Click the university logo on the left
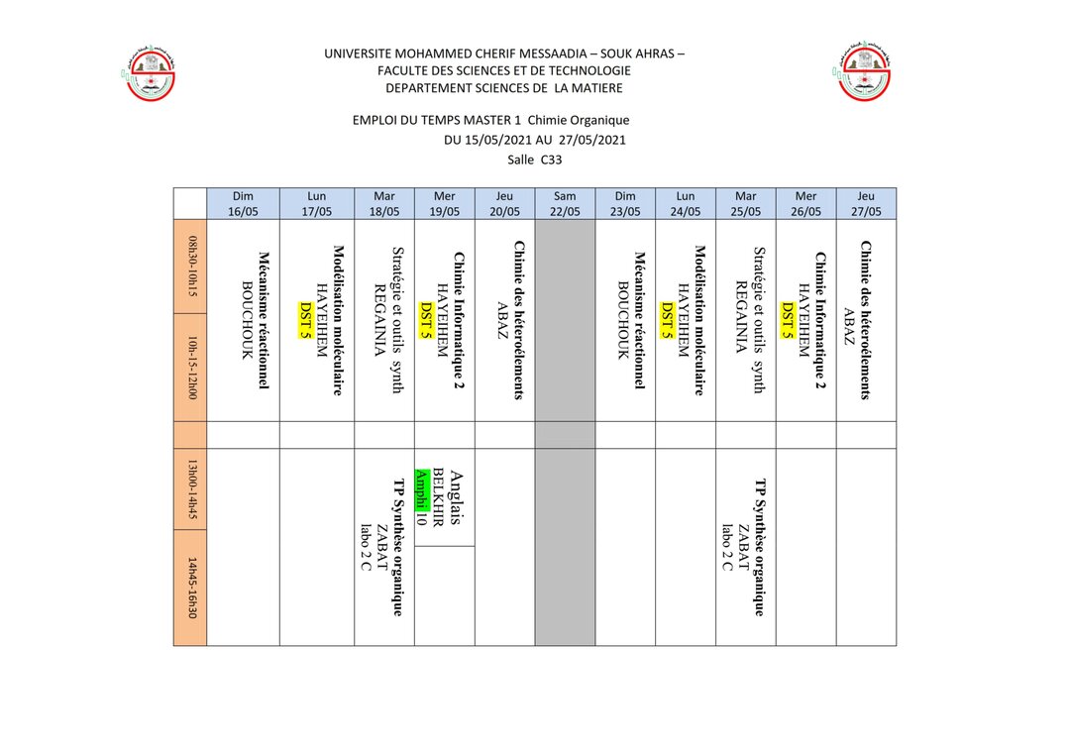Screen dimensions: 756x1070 pos(150,72)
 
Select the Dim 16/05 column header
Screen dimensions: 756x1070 pos(243,203)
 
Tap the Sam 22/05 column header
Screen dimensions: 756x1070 pos(565,203)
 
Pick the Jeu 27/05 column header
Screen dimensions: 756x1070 pos(866,203)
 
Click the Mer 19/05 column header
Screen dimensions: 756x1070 pos(445,203)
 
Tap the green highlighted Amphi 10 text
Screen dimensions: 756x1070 pos(421,496)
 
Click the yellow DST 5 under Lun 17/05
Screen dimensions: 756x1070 pos(305,320)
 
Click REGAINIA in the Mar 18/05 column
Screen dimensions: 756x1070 pos(377,320)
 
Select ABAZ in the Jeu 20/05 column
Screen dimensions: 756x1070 pos(502,320)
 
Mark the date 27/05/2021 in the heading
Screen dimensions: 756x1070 pos(591,140)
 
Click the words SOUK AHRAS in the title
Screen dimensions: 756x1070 pos(633,54)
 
